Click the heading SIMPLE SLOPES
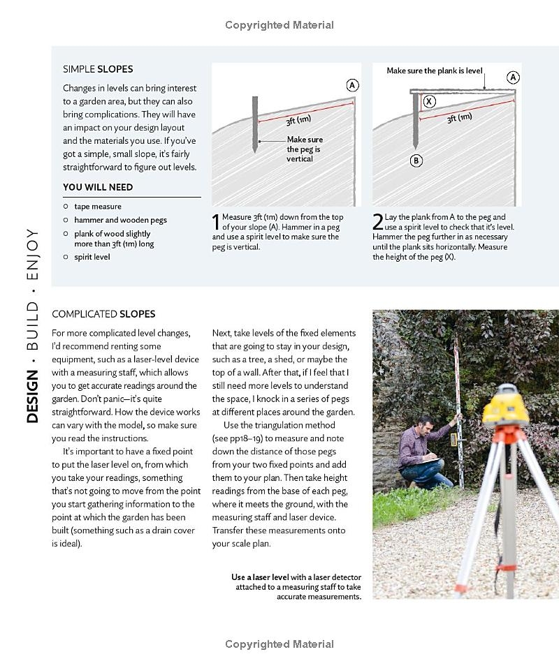98,69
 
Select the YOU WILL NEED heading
98,187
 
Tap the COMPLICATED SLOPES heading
103,314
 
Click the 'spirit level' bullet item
92,257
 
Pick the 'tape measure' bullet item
97,207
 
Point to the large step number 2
377,222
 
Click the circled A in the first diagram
352,85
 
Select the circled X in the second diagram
429,101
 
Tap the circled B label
416,161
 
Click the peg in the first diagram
255,124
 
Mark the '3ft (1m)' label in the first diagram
298,120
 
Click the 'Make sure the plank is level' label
435,71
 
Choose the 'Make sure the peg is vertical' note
305,149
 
